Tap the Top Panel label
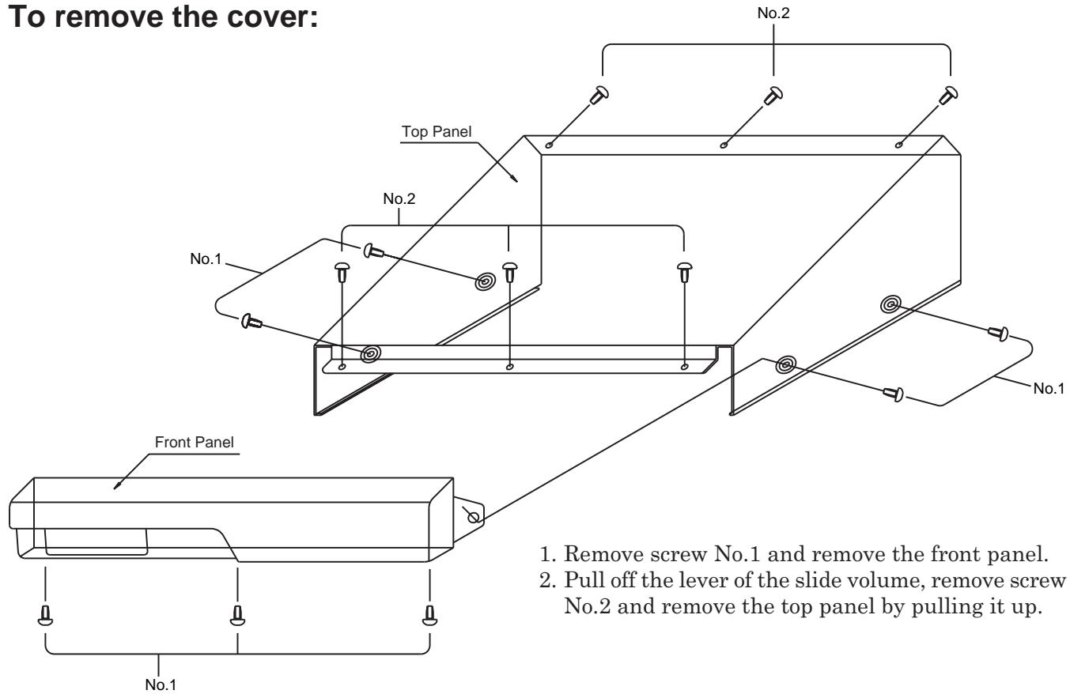point(436,131)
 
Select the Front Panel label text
point(194,442)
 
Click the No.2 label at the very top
point(773,13)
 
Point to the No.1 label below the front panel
point(161,685)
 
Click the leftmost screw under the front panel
point(45,615)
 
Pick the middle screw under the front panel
point(237,615)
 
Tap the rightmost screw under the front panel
point(429,615)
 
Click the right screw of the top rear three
point(947,95)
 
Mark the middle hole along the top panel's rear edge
point(724,144)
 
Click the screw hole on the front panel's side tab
point(473,516)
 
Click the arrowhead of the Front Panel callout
point(115,486)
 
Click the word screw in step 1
point(679,555)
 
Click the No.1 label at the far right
point(1049,388)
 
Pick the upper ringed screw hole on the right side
point(890,304)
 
